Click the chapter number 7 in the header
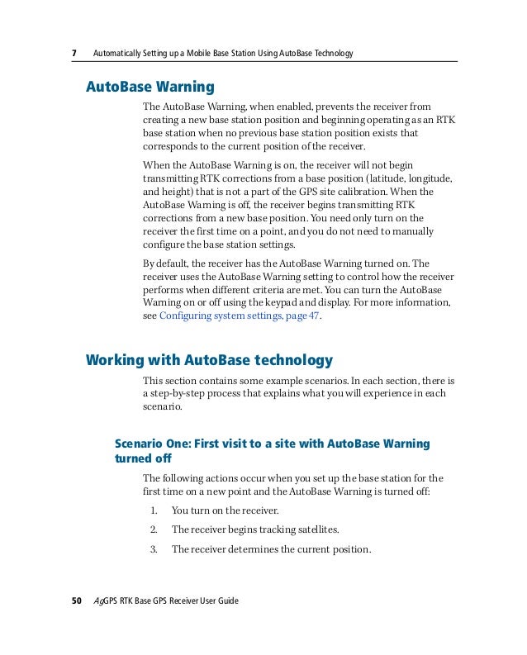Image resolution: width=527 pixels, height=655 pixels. pyautogui.click(x=74, y=54)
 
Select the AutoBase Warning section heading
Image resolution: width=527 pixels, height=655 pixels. pyautogui.click(x=150, y=87)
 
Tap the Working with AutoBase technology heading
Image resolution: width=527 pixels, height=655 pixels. pyautogui.click(x=210, y=359)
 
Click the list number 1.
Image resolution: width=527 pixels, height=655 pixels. pyautogui.click(x=154, y=510)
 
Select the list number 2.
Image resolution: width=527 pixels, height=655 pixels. pyautogui.click(x=154, y=529)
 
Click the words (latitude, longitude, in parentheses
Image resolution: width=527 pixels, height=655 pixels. pyautogui.click(x=410, y=178)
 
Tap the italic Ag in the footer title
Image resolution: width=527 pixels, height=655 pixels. pyautogui.click(x=98, y=601)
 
